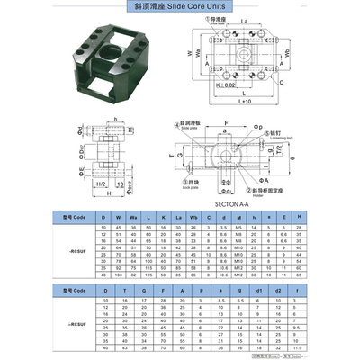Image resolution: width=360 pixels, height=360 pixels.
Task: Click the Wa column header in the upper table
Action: click(x=133, y=218)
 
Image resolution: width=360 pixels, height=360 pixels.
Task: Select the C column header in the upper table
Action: click(x=206, y=218)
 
